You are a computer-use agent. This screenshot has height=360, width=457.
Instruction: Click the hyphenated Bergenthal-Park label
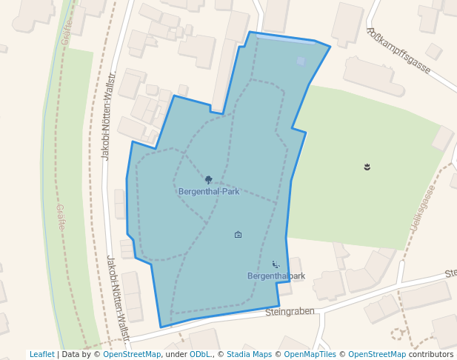[209, 191]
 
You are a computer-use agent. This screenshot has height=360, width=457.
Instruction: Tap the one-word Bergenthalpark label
[276, 276]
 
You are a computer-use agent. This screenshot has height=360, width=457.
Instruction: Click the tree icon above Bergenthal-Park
[209, 179]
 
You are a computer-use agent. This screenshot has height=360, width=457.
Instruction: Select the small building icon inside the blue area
[238, 235]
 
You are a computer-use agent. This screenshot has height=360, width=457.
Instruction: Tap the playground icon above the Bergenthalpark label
[276, 264]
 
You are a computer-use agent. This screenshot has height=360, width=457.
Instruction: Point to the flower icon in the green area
[367, 167]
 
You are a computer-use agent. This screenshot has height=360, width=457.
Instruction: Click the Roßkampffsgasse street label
[398, 50]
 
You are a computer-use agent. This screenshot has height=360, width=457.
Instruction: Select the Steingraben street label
[290, 312]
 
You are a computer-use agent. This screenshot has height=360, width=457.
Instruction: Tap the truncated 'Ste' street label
[450, 273]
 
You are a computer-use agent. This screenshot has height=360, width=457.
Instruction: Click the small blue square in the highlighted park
[301, 61]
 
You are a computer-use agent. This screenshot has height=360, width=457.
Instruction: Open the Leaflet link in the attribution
[42, 354]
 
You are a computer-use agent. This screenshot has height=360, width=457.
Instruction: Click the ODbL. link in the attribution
[201, 354]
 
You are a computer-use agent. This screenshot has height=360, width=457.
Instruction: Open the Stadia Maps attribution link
[249, 354]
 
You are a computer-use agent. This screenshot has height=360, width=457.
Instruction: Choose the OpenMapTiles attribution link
[310, 354]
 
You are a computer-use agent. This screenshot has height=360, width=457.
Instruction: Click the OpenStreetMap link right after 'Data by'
[132, 354]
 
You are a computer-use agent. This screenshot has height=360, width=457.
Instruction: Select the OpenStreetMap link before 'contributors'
[377, 354]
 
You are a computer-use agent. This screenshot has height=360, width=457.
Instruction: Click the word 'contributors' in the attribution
[431, 354]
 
